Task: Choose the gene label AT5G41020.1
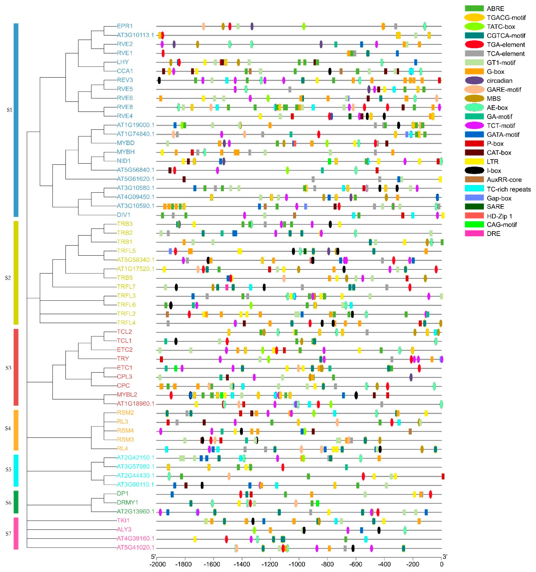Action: (135, 547)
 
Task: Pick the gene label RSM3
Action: (125, 439)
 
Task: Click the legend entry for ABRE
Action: (495, 9)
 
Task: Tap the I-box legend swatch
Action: (474, 171)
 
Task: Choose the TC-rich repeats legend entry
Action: (509, 189)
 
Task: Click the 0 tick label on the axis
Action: (441, 564)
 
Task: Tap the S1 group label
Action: (9, 110)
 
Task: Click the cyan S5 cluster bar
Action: (16, 470)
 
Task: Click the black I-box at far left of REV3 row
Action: (159, 80)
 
